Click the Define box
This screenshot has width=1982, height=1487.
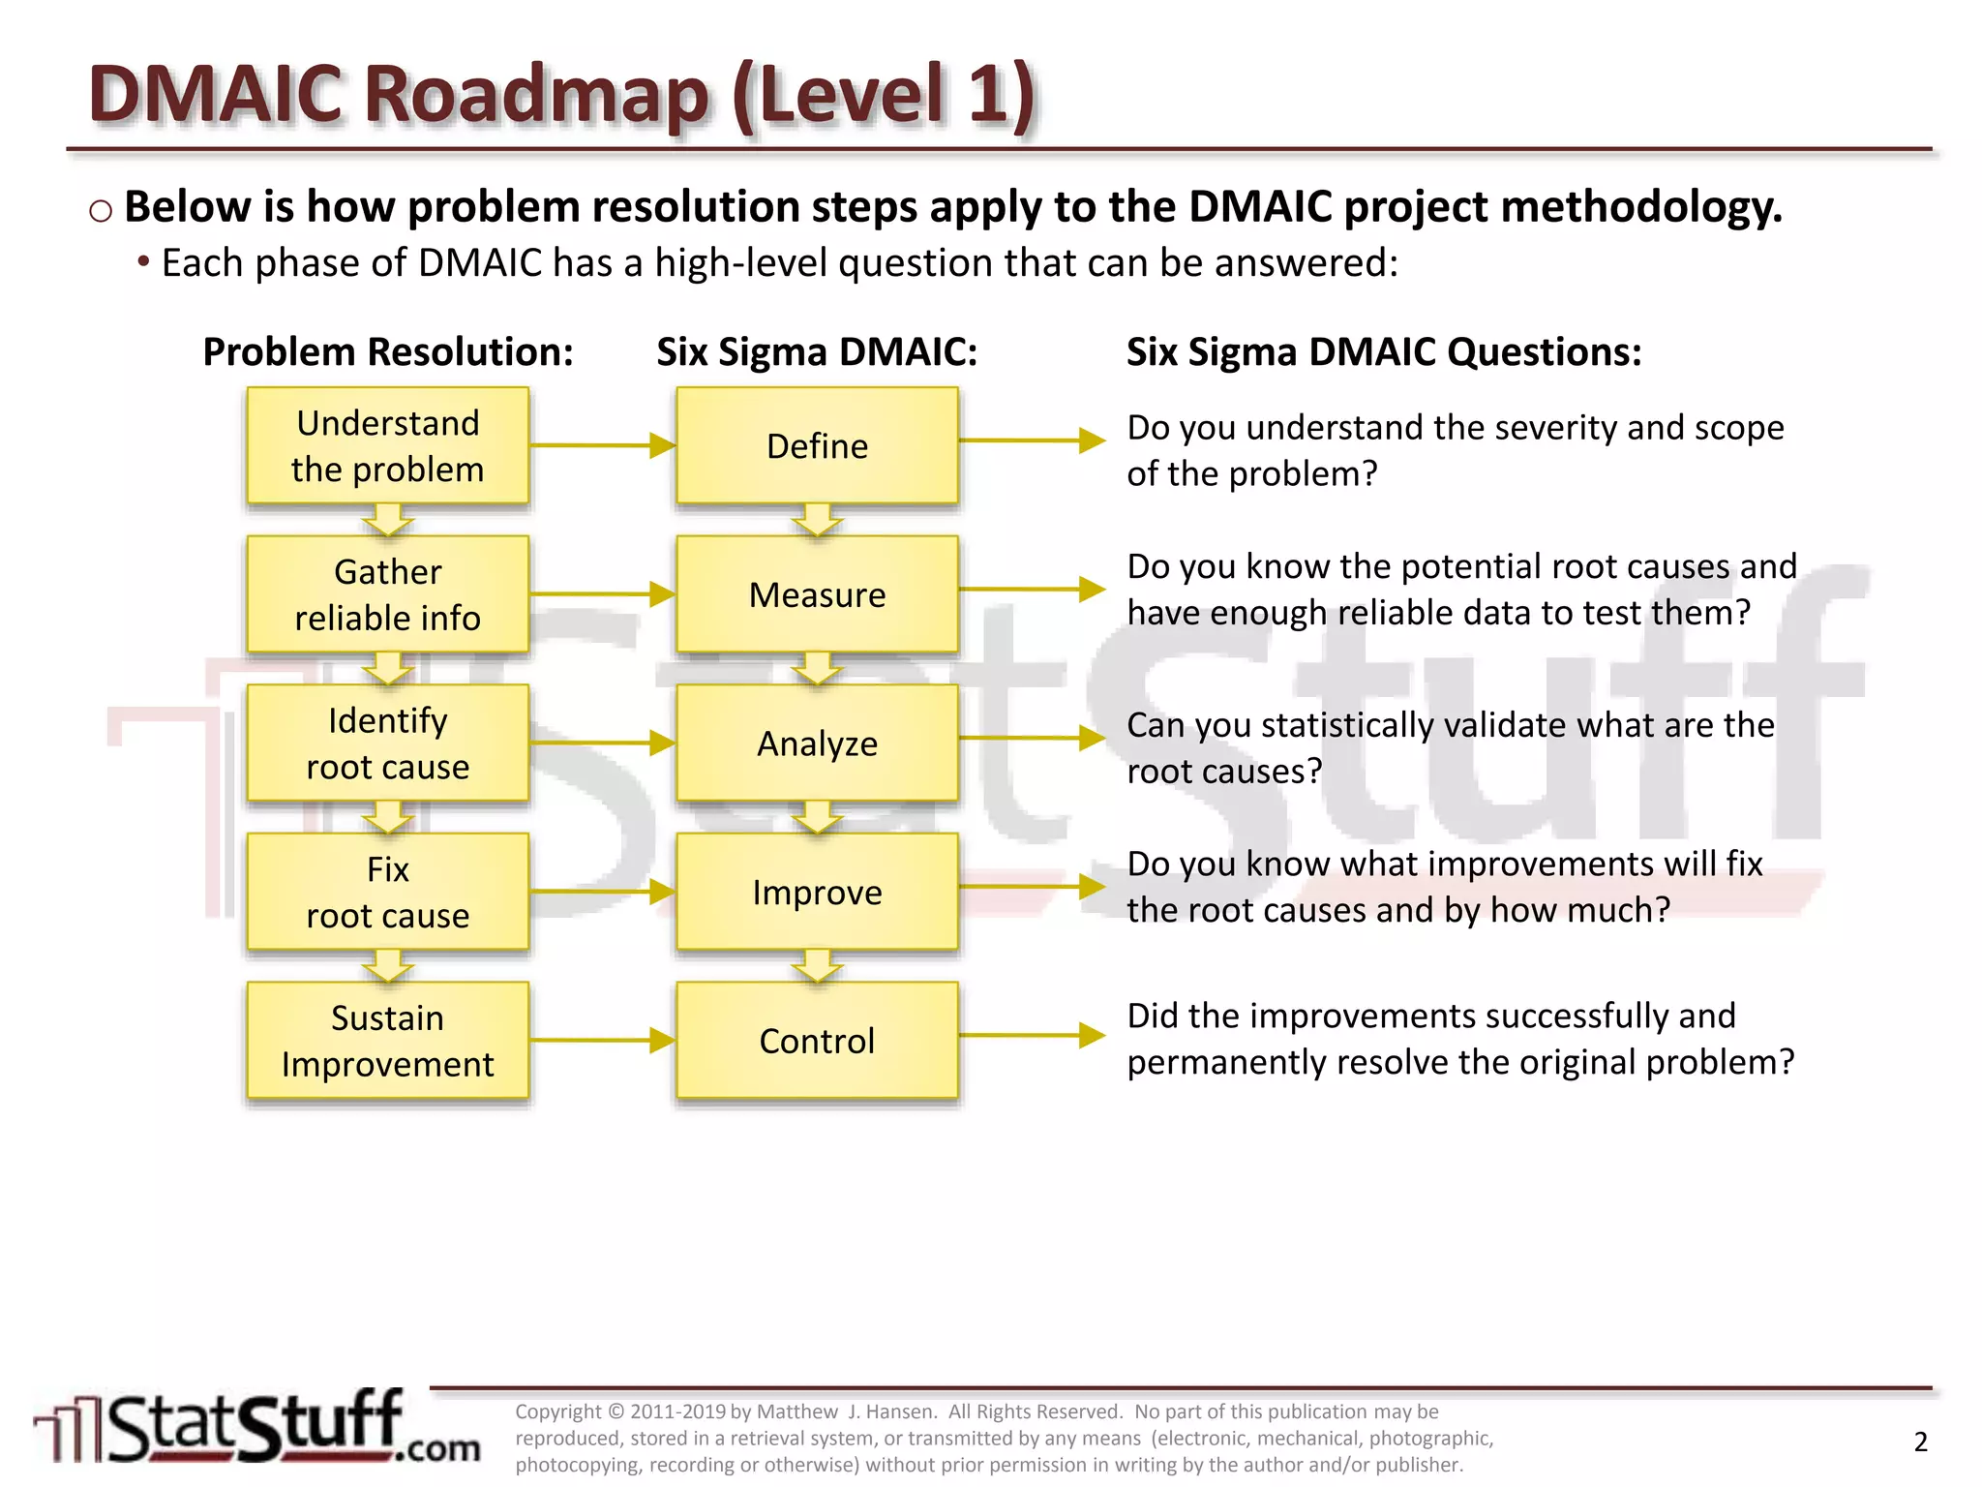tap(817, 445)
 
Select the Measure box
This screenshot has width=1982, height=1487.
tap(817, 594)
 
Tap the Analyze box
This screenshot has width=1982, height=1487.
tap(817, 743)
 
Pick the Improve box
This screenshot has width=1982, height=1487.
tap(817, 892)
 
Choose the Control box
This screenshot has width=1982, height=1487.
tap(817, 1041)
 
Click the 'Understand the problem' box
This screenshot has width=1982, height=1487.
tap(387, 445)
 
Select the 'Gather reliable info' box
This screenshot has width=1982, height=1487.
tap(387, 594)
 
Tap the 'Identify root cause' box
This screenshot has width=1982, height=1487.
tap(387, 743)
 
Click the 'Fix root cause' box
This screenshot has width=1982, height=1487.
tap(387, 892)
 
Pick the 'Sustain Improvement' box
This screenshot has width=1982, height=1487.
tap(387, 1041)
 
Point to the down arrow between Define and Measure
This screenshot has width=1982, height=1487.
tap(817, 521)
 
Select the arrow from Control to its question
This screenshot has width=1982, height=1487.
tap(1032, 1035)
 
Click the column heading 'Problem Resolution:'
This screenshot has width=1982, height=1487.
tap(387, 351)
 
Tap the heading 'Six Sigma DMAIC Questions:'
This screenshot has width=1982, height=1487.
tap(1384, 351)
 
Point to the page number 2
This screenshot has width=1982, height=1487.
tap(1920, 1441)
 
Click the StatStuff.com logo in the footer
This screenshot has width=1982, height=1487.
tap(256, 1429)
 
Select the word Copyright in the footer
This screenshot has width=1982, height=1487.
tap(557, 1411)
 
